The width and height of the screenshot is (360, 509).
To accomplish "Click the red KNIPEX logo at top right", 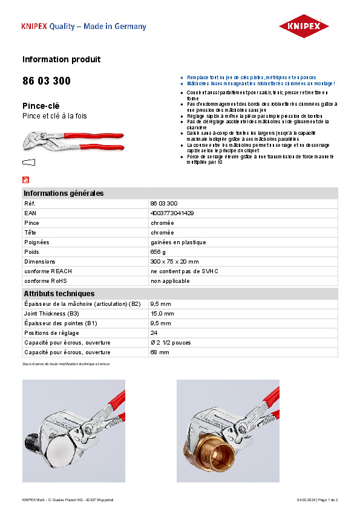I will coord(304,26).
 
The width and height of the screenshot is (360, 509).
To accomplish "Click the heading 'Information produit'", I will coord(61,59).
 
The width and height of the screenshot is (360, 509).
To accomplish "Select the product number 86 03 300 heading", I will coord(46,81).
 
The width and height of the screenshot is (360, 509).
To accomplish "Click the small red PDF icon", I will coord(25,180).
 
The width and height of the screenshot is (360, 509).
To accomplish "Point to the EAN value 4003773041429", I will coord(172,213).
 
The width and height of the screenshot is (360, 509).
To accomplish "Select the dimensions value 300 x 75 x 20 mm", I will coord(174,261).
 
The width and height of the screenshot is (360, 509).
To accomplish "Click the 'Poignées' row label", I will coord(37,242).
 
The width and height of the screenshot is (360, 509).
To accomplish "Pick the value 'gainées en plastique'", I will coord(178,242).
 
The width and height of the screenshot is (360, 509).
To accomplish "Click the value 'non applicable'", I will coord(170,280).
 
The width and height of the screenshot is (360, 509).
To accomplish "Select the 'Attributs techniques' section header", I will coord(59,293).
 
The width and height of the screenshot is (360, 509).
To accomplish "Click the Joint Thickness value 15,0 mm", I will coord(162,313).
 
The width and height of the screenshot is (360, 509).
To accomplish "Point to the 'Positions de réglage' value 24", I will coord(154,332).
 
